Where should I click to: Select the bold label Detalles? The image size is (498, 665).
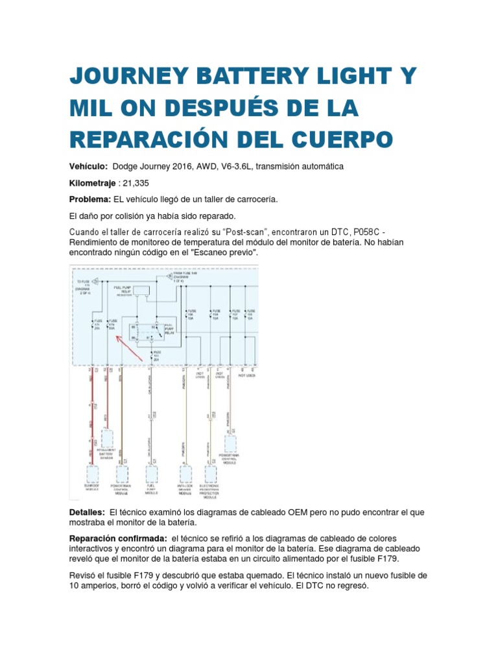pos(88,512)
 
